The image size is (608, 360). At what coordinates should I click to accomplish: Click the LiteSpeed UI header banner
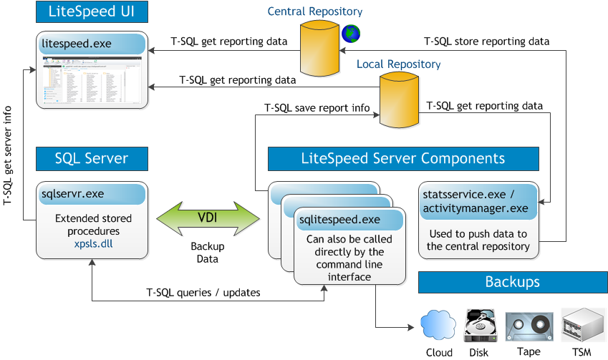[x=92, y=12]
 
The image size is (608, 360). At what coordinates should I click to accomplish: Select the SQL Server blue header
[x=92, y=158]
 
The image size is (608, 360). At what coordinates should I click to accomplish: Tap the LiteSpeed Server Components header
[x=402, y=158]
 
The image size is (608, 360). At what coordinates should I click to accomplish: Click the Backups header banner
[x=512, y=281]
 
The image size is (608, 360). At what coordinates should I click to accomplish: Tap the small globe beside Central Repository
[x=351, y=33]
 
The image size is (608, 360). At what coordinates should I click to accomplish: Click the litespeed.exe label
[x=77, y=44]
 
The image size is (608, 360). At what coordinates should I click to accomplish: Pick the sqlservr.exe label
[x=73, y=193]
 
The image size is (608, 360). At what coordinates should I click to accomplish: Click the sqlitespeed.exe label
[x=339, y=219]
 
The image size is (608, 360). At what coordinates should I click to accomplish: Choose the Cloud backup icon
[x=438, y=326]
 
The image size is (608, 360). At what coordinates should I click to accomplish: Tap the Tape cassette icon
[x=529, y=326]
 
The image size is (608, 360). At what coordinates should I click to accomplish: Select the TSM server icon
[x=581, y=325]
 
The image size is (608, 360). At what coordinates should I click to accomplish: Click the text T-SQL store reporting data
[x=487, y=42]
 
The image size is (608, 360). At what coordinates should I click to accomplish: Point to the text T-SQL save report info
[x=317, y=109]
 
